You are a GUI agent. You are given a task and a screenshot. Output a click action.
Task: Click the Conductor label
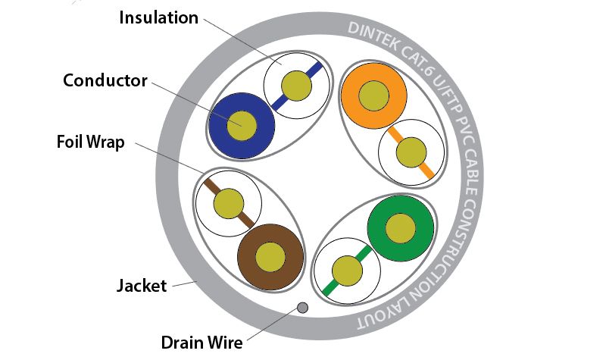point(105,80)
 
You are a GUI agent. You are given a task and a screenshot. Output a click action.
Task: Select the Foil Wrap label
point(90,142)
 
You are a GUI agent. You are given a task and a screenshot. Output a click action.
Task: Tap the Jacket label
point(142,286)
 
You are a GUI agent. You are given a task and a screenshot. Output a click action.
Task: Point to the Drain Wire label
point(201,342)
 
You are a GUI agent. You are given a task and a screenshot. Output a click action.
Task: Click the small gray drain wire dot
point(302,308)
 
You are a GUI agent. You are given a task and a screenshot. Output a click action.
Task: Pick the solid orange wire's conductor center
point(373,96)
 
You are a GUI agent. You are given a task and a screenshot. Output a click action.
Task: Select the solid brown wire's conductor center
point(270,257)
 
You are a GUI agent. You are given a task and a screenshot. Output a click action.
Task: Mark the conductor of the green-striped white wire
point(348,271)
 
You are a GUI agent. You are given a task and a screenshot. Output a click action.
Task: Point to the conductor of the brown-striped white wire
point(229,203)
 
